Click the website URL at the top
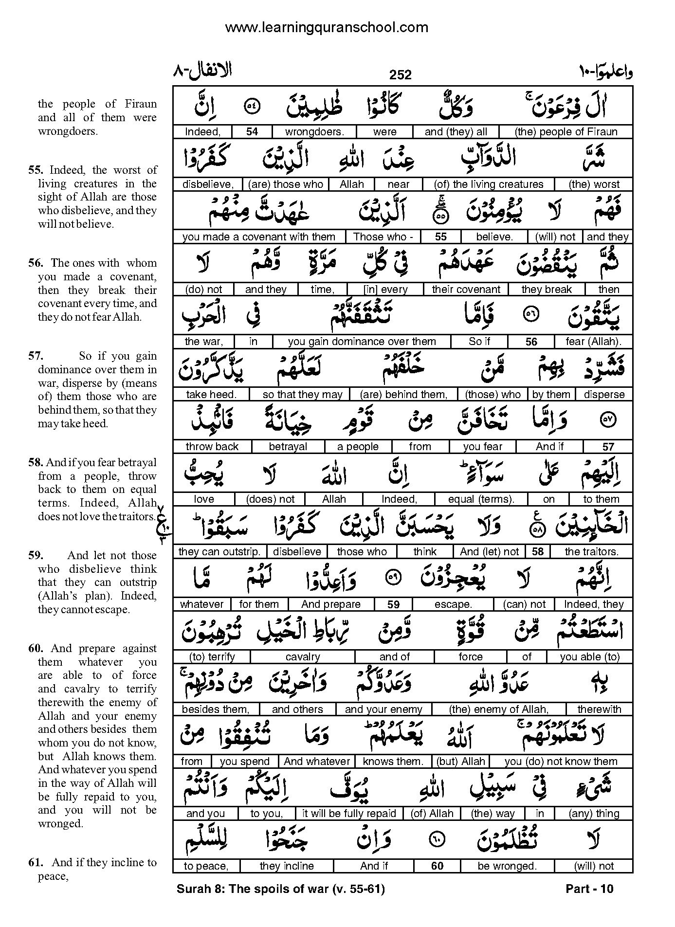coord(327,27)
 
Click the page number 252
coord(401,74)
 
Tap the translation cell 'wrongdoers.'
coord(314,132)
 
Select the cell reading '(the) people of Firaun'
coord(566,132)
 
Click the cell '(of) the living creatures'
coord(489,184)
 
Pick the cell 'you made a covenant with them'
coord(259,237)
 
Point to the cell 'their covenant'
coord(466,290)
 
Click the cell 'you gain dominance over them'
coord(362,342)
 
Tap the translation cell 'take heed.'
coord(211,394)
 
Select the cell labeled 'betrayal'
coord(288,447)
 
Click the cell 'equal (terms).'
coord(481,499)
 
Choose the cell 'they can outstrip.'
coord(219,552)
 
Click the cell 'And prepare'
coord(331,604)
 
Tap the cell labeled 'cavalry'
coord(303,657)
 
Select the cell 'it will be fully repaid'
coord(349,814)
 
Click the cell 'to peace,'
coord(206,866)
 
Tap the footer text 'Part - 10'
coord(589,889)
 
